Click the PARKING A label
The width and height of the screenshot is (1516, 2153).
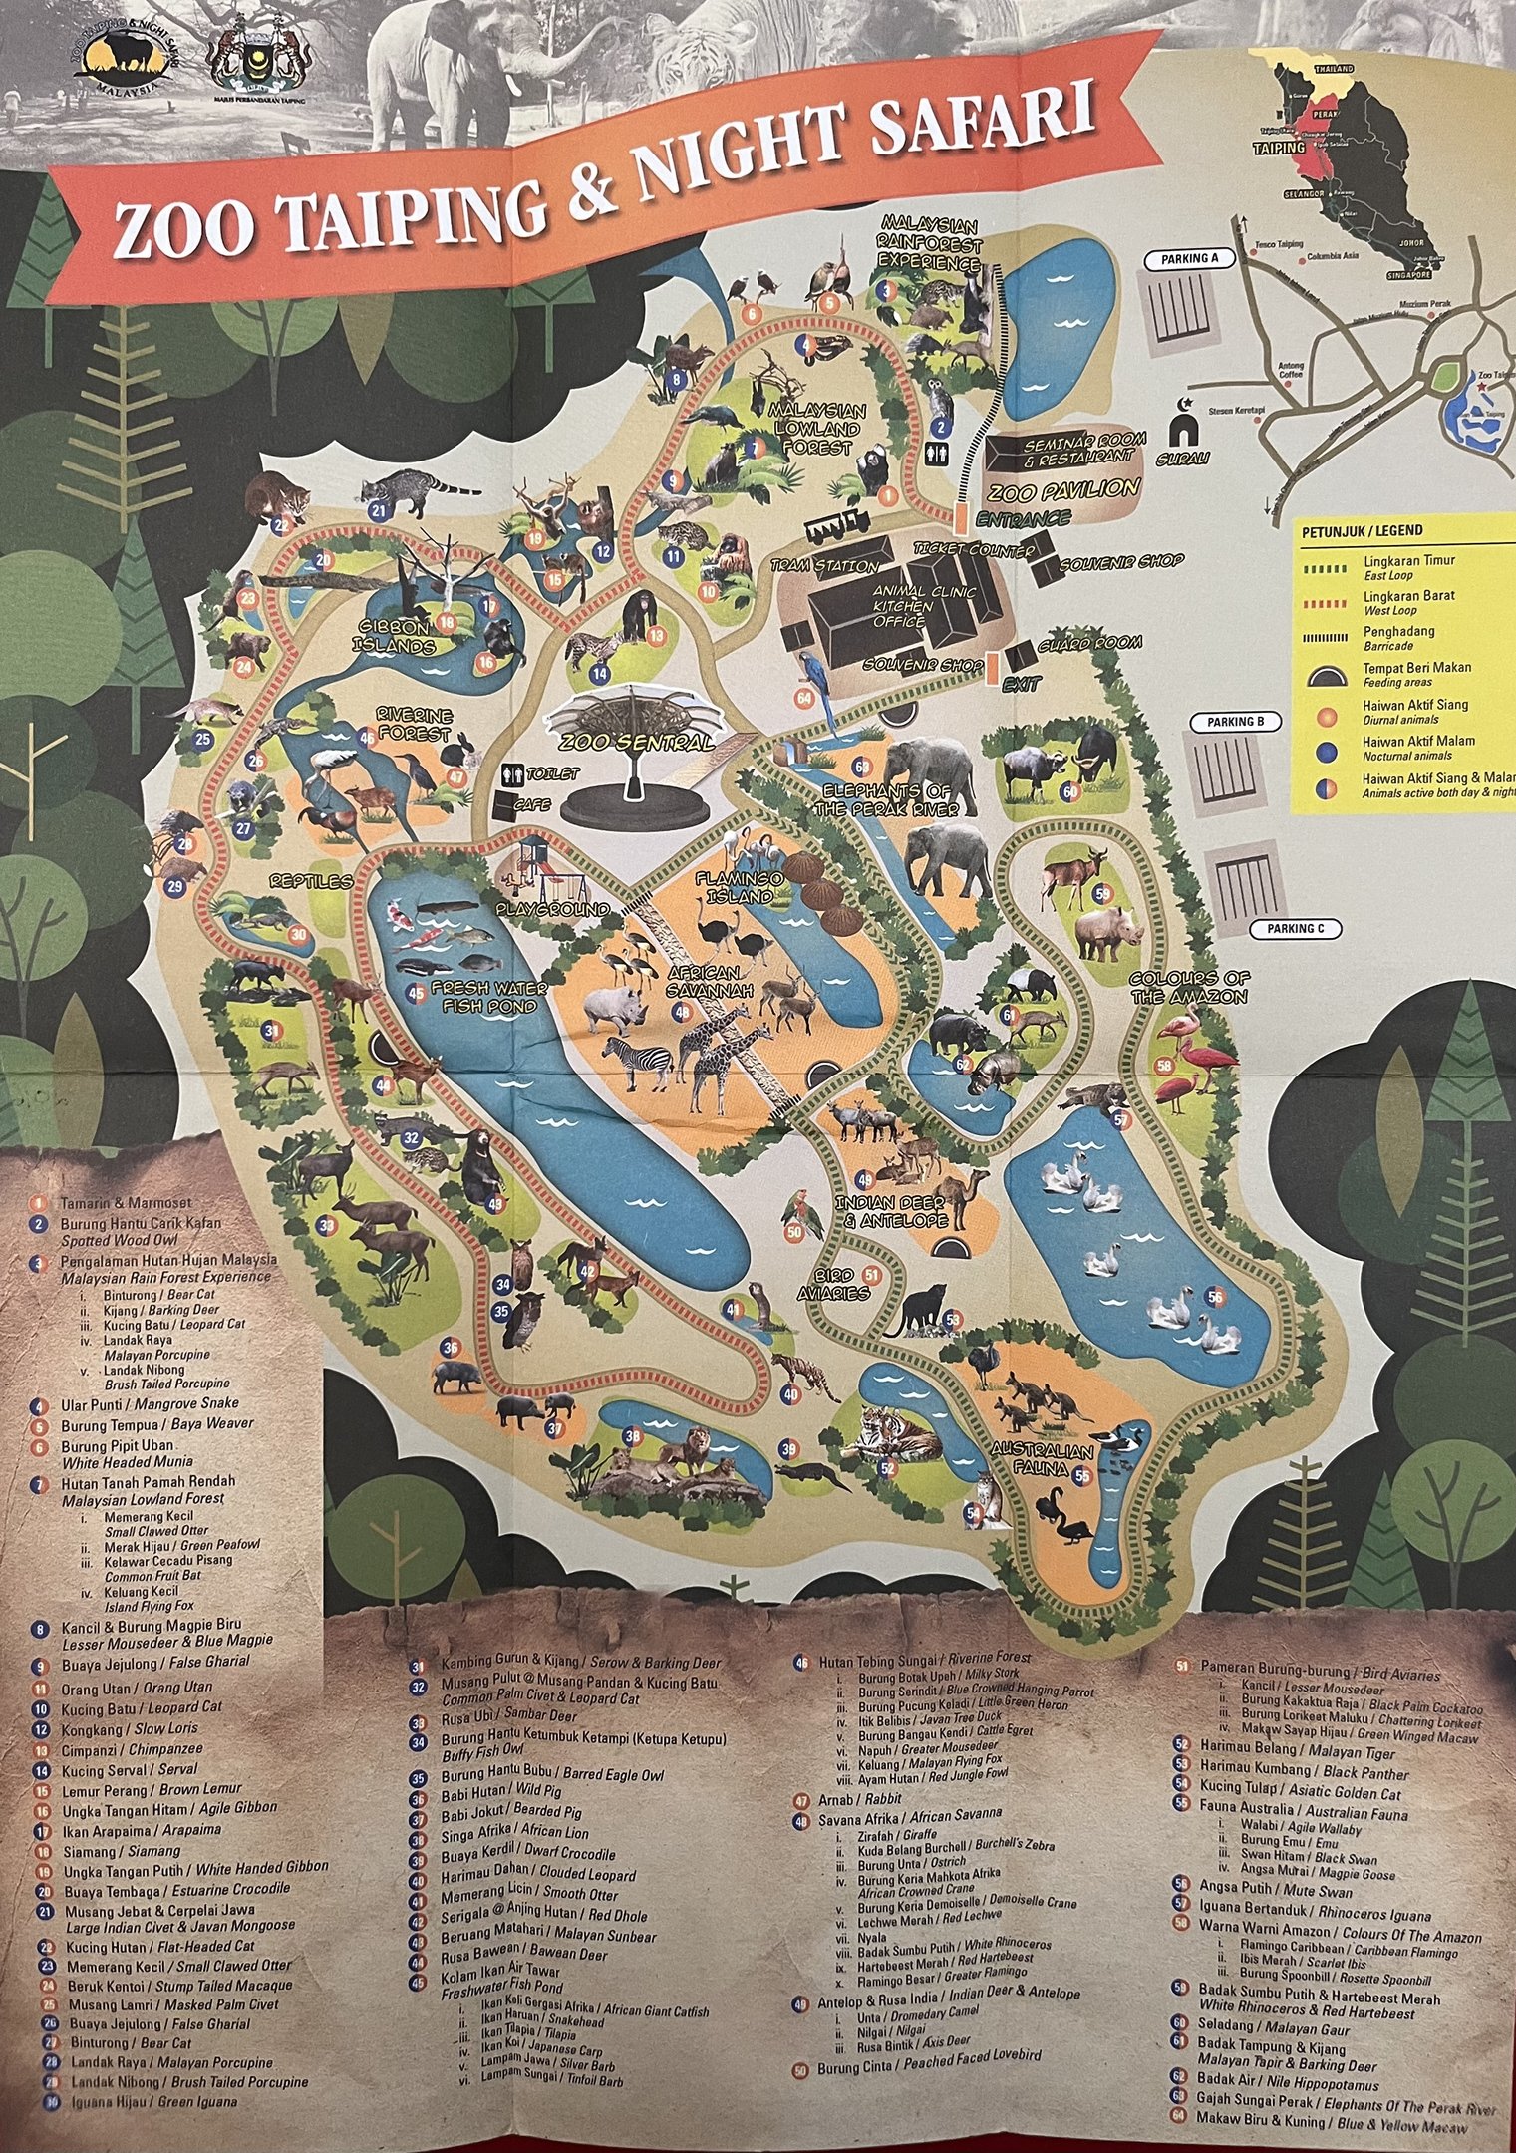(1190, 259)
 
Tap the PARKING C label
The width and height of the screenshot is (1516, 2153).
(1295, 929)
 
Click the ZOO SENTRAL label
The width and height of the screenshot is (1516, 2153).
(635, 743)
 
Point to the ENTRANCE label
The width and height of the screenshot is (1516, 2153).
(1023, 518)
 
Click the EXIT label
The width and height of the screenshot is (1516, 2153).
(1022, 685)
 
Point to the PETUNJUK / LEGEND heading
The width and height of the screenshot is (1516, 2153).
(1363, 531)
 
